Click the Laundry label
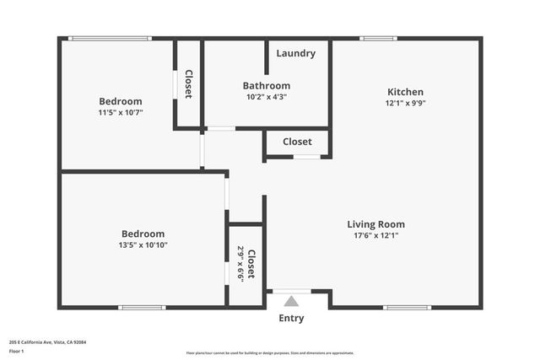[x=295, y=53]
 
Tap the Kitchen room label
[x=405, y=92]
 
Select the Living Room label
[x=376, y=224]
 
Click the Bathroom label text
[x=267, y=85]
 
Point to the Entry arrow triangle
[x=291, y=300]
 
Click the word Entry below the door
[x=291, y=319]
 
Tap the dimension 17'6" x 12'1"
[x=376, y=236]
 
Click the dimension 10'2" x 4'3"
[x=267, y=96]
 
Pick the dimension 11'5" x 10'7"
[x=120, y=112]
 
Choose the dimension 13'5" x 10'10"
[x=143, y=245]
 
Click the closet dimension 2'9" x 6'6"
[x=240, y=264]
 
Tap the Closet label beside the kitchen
[x=297, y=142]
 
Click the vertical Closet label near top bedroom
[x=188, y=84]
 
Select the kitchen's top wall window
[x=378, y=38]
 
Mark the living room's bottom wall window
[x=408, y=308]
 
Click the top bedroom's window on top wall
[x=110, y=38]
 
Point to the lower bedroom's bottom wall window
[x=142, y=308]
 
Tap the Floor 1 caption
[x=16, y=351]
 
